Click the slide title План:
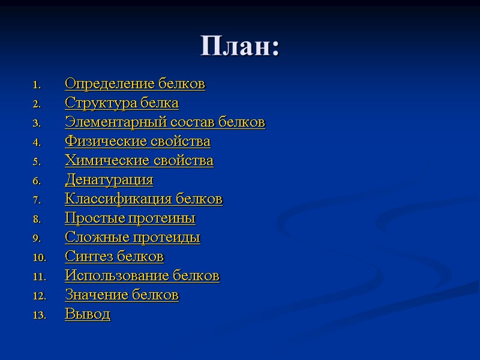[240, 46]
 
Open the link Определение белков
[134, 84]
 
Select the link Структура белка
[121, 103]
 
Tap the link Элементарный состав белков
[164, 122]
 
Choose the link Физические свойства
[137, 142]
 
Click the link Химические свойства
[139, 161]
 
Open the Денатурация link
[109, 180]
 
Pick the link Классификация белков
[143, 199]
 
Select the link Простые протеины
[130, 218]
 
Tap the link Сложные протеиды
[132, 238]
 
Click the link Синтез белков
[114, 257]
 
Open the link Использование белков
[142, 276]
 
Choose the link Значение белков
[121, 295]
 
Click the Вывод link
[87, 314]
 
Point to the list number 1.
[35, 85]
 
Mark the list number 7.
[35, 200]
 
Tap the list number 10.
[39, 258]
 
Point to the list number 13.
[39, 316]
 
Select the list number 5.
[35, 161]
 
